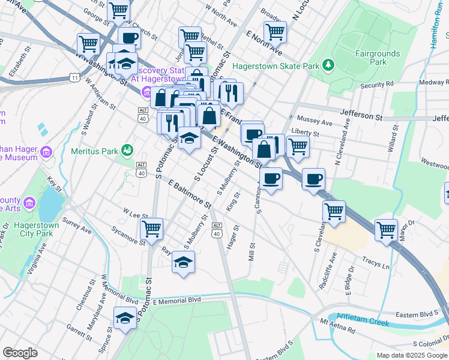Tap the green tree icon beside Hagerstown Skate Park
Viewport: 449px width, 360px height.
tap(328, 64)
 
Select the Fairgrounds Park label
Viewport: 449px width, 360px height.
tap(376, 58)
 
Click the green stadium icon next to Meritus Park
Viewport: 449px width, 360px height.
tap(127, 150)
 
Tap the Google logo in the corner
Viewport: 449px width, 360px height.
tap(20, 353)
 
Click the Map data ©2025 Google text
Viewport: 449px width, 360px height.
tap(412, 355)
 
